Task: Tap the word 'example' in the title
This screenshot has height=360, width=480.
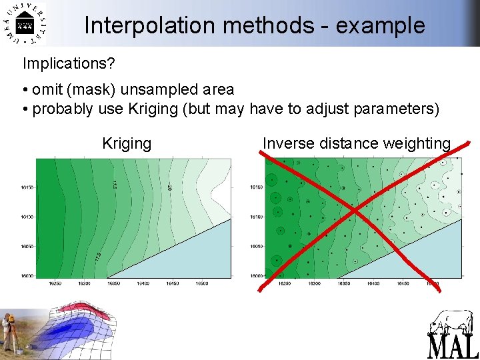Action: point(380,25)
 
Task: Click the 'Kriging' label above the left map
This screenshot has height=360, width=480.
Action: point(127,143)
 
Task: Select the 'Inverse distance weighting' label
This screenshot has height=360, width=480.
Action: point(357,143)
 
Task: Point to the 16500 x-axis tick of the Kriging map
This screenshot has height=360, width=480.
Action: point(201,283)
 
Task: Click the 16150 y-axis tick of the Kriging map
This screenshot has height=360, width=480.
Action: point(27,187)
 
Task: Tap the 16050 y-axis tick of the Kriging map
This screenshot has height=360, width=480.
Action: point(27,246)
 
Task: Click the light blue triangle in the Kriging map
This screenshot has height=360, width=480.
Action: point(193,257)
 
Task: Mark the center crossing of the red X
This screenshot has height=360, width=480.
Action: point(355,212)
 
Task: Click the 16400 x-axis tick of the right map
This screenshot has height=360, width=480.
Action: point(373,283)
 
